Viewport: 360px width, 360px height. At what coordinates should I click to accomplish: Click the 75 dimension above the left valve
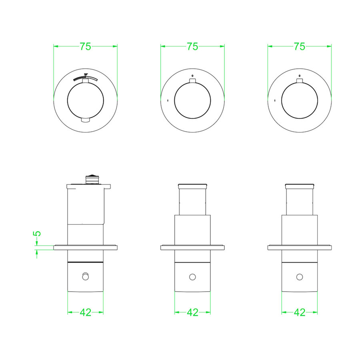click(85, 46)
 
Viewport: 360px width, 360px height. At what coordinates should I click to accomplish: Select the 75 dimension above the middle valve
click(192, 46)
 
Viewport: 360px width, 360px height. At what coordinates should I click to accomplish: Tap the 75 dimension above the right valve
click(299, 46)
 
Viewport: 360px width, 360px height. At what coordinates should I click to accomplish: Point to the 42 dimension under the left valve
click(85, 312)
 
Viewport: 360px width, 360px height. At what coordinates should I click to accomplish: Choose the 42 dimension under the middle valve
click(192, 312)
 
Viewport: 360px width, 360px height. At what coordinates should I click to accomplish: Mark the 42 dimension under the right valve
click(299, 312)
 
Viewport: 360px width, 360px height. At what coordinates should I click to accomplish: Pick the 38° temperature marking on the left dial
click(86, 75)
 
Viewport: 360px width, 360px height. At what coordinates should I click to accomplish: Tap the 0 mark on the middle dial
click(192, 75)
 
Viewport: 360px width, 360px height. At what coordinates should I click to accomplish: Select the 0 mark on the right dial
click(299, 75)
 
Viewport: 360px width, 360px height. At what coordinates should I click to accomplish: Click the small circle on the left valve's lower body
click(85, 276)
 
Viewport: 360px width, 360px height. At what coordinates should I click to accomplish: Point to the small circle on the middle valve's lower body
click(192, 277)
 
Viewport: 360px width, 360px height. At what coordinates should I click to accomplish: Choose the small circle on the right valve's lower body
click(299, 277)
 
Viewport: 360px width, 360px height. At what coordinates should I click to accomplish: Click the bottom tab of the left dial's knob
click(86, 120)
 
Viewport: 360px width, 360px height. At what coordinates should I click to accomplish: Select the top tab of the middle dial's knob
click(192, 82)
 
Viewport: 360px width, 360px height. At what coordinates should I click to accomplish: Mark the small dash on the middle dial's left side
click(168, 100)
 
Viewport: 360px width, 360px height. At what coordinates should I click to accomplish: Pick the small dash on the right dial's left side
click(274, 100)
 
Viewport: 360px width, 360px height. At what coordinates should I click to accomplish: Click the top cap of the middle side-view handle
click(192, 186)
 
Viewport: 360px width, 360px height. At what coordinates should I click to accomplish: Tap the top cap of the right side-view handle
click(299, 186)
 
